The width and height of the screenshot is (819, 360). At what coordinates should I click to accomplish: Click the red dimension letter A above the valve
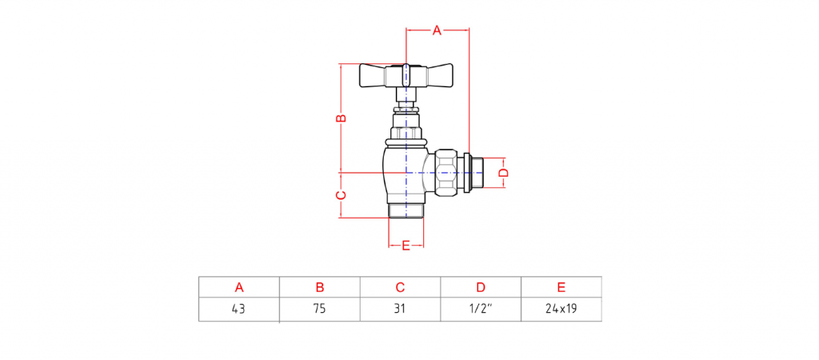click(x=437, y=31)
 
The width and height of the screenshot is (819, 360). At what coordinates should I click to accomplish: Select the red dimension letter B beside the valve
click(x=340, y=118)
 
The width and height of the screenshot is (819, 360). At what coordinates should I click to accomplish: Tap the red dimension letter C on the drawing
click(x=340, y=195)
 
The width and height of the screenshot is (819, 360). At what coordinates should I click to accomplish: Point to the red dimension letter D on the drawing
click(x=502, y=173)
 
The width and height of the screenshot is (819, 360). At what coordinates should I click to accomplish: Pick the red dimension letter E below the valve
click(x=406, y=245)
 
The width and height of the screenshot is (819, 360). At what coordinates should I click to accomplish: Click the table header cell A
click(x=239, y=287)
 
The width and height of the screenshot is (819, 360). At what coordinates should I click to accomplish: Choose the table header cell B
click(x=320, y=287)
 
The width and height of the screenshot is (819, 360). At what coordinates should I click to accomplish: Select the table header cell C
click(x=400, y=287)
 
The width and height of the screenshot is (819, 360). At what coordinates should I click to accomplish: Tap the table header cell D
click(x=481, y=287)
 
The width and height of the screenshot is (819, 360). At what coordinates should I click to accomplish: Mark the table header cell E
click(x=561, y=287)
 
